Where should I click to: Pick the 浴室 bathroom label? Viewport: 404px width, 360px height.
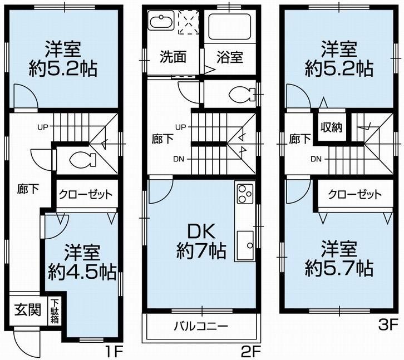click(x=230, y=56)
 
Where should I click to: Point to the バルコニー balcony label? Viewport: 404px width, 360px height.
click(x=201, y=326)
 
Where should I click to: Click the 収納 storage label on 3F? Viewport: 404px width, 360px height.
click(x=331, y=127)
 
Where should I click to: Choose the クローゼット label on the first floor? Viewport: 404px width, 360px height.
click(x=86, y=195)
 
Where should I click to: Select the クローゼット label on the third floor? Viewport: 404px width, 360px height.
click(x=354, y=195)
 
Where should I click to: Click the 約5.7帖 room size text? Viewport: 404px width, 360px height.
click(x=339, y=269)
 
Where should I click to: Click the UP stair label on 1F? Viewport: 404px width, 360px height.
click(x=43, y=127)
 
